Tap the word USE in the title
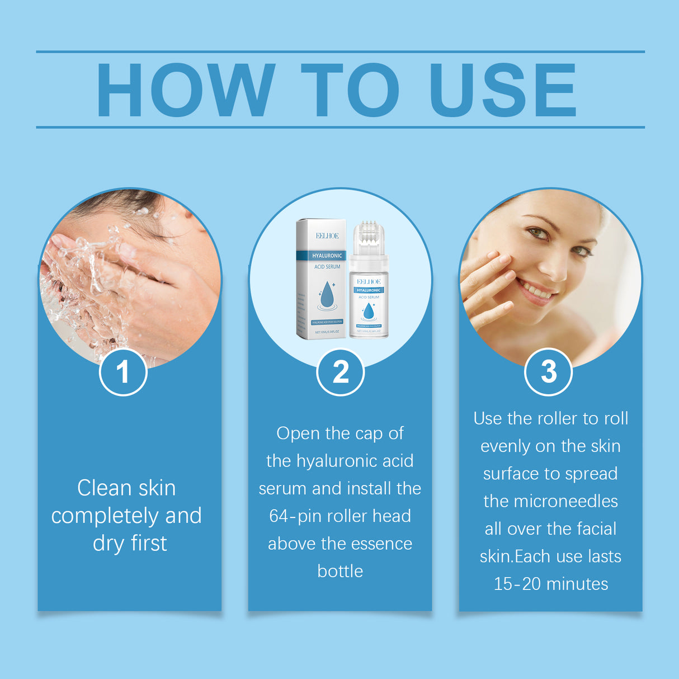[503, 91]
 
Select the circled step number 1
[123, 372]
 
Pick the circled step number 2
[340, 372]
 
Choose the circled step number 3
[548, 372]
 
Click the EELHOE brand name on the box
[327, 236]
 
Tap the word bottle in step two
[340, 571]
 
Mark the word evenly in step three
[505, 446]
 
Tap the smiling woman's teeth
[536, 291]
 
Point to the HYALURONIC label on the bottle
[369, 290]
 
